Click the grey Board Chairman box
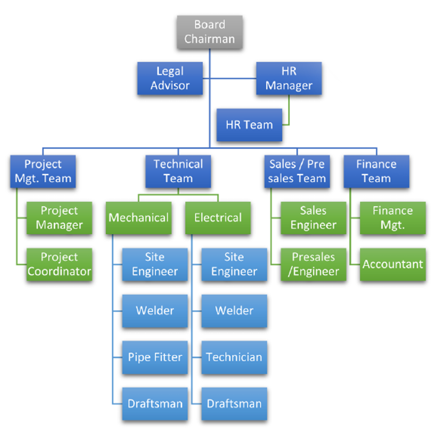209,32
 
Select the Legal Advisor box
170,79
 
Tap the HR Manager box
288,79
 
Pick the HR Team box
249,124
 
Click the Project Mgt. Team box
43,171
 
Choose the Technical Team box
178,171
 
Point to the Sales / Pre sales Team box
297,171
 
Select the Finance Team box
376,171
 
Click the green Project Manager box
59,218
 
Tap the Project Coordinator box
59,264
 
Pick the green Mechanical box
139,218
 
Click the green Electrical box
218,218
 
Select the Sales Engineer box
313,218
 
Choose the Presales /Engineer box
313,264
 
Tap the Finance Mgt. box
392,218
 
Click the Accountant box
392,264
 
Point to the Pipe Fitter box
155,357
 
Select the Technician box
234,357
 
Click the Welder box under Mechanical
155,311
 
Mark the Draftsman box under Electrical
234,404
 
